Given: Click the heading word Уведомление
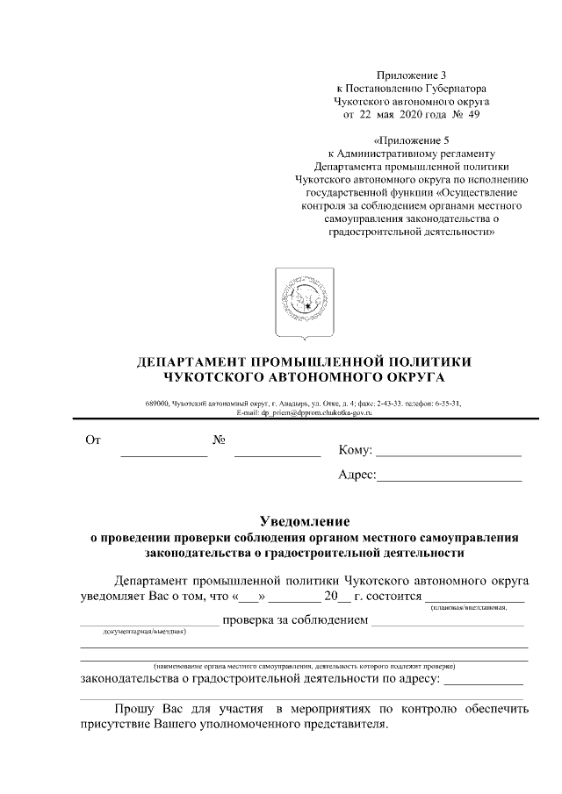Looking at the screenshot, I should click(305, 521).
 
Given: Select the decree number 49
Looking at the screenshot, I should click(473, 114).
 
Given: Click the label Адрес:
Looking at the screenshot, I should click(357, 476).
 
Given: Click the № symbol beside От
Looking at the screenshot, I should click(220, 440).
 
